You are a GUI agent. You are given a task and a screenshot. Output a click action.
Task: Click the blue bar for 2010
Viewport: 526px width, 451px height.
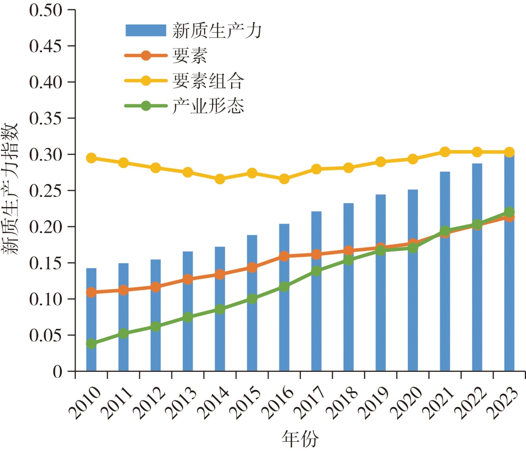tap(91, 319)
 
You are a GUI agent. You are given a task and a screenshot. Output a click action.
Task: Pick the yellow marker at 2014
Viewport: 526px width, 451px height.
tap(220, 179)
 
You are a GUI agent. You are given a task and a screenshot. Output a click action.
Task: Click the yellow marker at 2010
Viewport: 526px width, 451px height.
tap(91, 158)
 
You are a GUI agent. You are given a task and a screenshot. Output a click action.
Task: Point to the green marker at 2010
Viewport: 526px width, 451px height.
tap(91, 344)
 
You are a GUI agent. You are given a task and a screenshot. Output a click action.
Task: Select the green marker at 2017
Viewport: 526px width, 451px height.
tap(316, 271)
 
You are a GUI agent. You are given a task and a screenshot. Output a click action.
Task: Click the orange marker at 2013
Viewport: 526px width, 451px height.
tap(188, 279)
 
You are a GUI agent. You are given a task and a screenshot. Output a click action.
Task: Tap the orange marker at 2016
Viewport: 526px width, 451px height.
tap(284, 256)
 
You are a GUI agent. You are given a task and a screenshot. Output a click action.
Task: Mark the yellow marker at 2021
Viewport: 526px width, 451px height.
tap(445, 152)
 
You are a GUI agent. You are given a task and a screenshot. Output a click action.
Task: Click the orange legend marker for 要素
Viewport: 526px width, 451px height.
tap(146, 55)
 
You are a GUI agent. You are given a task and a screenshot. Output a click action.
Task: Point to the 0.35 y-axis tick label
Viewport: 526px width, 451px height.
tap(46, 118)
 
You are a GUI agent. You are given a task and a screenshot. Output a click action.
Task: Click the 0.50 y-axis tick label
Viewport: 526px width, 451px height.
tap(46, 10)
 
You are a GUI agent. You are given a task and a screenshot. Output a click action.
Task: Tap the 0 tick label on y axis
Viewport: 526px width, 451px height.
tap(58, 371)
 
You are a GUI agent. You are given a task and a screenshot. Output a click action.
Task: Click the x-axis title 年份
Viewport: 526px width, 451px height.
tap(300, 439)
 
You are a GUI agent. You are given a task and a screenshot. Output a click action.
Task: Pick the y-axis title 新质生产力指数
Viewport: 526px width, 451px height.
tap(10, 189)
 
